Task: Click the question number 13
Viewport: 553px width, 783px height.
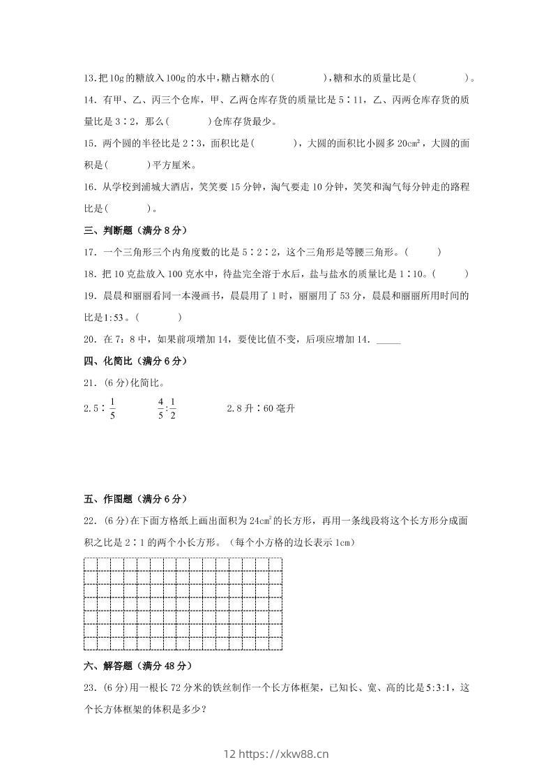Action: [x=89, y=79]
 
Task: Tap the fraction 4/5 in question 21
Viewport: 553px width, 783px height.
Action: [x=160, y=408]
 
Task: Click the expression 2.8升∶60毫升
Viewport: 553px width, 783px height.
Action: [x=261, y=408]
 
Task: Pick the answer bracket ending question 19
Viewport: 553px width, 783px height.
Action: [x=160, y=318]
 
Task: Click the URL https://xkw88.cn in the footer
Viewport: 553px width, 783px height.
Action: [x=284, y=753]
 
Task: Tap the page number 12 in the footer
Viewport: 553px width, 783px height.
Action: [x=230, y=753]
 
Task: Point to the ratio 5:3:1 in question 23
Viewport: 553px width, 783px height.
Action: [x=438, y=688]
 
